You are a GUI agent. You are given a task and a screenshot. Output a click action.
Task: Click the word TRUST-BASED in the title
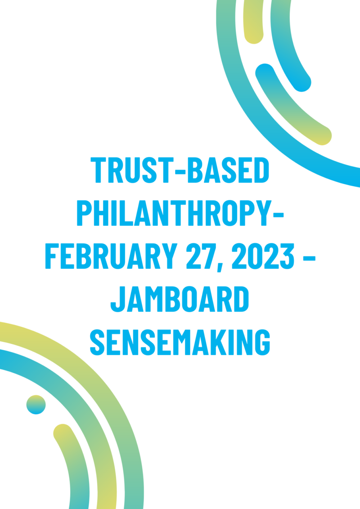(x=180, y=170)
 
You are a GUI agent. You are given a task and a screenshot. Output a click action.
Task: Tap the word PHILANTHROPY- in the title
(x=180, y=213)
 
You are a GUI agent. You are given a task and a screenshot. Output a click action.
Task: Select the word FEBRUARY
(x=112, y=256)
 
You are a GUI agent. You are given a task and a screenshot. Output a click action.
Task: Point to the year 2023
(x=263, y=256)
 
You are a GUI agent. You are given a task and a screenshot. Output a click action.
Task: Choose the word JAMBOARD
(x=180, y=299)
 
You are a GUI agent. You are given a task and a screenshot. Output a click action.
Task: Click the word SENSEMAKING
(x=180, y=342)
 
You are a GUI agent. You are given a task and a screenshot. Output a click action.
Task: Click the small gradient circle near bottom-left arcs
(x=36, y=405)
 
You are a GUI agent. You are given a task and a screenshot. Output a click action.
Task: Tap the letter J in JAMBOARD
(x=118, y=299)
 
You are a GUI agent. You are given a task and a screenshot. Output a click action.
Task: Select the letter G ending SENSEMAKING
(x=262, y=342)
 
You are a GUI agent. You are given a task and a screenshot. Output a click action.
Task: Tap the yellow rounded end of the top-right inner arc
(x=322, y=136)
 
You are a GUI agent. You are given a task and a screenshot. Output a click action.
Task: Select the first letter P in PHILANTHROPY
(x=84, y=213)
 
